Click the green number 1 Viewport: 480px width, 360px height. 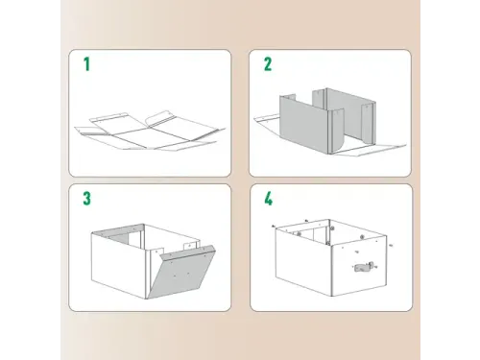[x=86, y=64]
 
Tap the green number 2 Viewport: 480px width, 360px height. [x=268, y=64]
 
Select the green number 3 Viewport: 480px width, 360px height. [x=86, y=199]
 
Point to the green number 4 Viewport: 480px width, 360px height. [x=268, y=199]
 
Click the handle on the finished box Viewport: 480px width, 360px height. [x=363, y=267]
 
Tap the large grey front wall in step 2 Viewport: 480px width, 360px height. [x=302, y=122]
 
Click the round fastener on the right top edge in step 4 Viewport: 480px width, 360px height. [x=362, y=237]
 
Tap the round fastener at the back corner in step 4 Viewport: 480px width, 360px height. [x=332, y=228]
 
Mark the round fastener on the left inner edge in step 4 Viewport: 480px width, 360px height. [x=299, y=234]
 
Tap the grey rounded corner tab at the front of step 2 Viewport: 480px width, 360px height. [x=336, y=132]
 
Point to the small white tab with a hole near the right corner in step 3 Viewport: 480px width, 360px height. [x=190, y=247]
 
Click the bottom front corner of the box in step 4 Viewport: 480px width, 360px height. [x=332, y=296]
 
